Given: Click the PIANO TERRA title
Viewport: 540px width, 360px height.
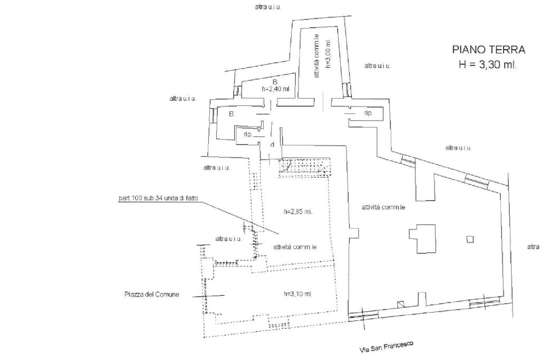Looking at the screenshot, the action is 488,50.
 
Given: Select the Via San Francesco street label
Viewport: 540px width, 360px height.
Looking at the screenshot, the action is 386,347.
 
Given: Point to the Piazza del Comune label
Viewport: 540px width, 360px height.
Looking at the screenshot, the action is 152,295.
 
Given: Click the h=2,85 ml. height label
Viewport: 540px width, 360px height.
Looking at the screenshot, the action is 298,212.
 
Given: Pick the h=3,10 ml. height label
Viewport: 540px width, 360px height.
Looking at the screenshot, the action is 298,294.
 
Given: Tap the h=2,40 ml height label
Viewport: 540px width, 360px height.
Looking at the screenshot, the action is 275,89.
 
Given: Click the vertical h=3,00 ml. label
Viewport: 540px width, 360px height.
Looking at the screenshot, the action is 327,54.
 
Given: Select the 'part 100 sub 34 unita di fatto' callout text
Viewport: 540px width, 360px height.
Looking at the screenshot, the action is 158,199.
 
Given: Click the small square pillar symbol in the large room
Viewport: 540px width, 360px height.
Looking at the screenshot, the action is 470,239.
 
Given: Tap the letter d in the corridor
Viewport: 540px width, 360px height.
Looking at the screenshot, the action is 272,144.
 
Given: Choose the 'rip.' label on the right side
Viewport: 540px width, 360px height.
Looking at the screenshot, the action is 368,113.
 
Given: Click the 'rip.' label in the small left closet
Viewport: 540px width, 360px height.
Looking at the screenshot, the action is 247,134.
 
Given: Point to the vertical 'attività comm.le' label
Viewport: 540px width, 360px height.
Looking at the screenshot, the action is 316,56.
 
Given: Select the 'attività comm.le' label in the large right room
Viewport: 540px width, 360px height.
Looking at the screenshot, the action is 383,207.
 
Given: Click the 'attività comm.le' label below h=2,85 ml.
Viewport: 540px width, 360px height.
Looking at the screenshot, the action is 295,247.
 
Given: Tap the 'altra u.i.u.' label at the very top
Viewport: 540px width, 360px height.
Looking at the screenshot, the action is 267,7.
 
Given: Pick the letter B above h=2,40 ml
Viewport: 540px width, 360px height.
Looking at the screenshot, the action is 275,82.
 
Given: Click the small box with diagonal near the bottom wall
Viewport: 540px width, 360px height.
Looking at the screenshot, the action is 400,304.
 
